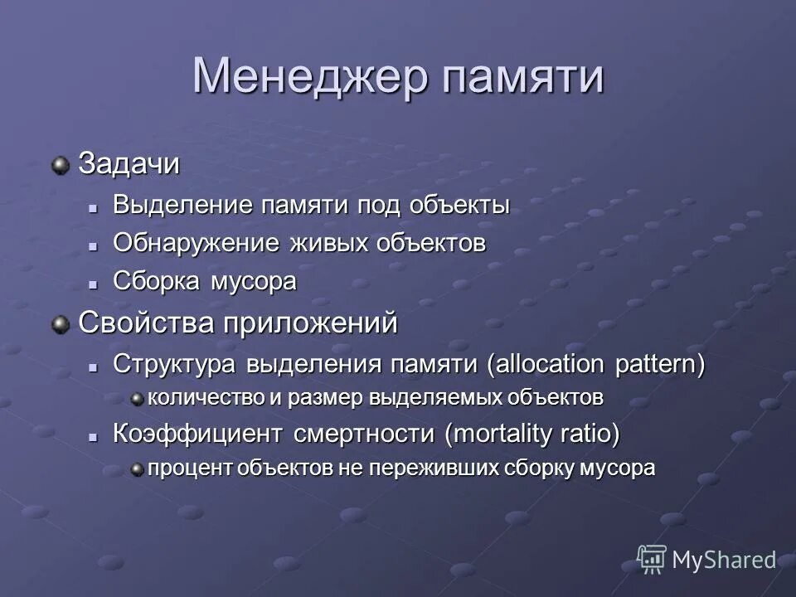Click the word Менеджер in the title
point(311,76)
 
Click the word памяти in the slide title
point(522,76)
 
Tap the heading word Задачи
point(129,164)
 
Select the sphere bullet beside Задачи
point(61,166)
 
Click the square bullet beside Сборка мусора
point(95,283)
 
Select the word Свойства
point(147,322)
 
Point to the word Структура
point(175,364)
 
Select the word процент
point(189,468)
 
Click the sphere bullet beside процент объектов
point(138,469)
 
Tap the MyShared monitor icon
point(652,559)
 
